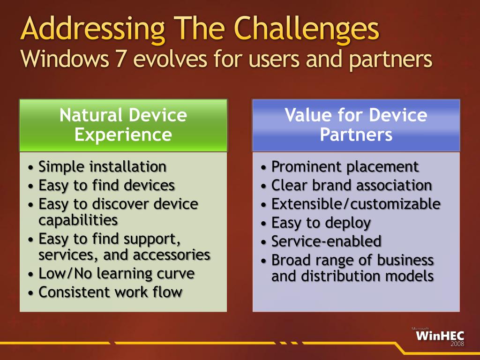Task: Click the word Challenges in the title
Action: [307, 29]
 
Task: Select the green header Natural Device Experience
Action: [123, 125]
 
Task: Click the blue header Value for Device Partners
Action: [356, 125]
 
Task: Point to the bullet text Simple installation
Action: [102, 166]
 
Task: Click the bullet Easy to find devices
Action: [106, 186]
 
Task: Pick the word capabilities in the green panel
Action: [78, 220]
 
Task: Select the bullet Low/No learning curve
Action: [116, 273]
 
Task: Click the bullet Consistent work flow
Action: [111, 292]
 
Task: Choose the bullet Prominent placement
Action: [345, 167]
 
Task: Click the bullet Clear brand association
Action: [352, 186]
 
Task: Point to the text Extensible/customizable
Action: [356, 204]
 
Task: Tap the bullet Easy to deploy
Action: [321, 223]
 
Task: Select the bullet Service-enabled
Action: [326, 241]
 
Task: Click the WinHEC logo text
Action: [440, 336]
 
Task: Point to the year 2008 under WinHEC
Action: [457, 344]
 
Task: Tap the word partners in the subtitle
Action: [390, 59]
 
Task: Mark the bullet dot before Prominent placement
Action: [263, 168]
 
